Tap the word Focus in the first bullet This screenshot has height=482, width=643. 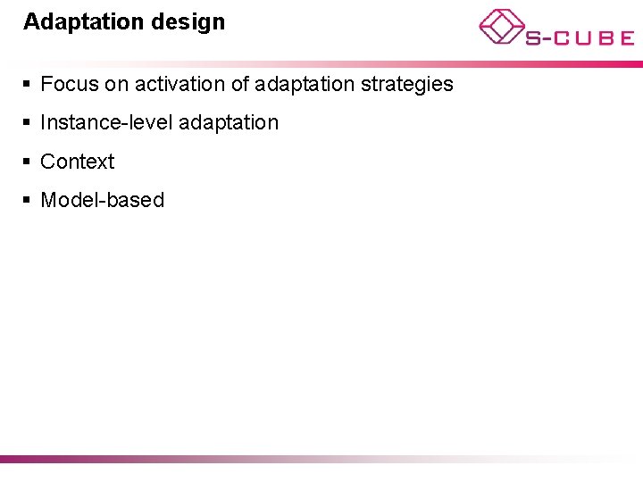67,85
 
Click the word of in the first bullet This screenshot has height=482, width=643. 238,85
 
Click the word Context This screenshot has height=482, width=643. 78,162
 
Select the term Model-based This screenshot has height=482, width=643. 103,200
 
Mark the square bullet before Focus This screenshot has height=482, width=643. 28,85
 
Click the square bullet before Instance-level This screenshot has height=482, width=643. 28,123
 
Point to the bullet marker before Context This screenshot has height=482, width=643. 28,162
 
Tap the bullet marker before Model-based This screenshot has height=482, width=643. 28,200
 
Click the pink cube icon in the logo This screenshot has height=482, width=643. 501,26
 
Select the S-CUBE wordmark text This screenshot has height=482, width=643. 579,37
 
